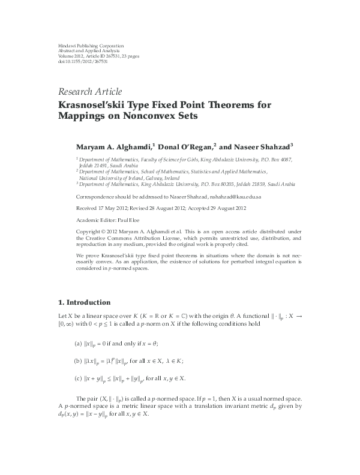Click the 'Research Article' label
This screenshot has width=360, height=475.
[x=90, y=92]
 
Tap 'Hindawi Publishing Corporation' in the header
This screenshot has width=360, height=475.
[x=90, y=46]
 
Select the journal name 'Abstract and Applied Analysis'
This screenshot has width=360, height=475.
[x=86, y=50]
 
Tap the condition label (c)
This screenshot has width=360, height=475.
[x=78, y=378]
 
